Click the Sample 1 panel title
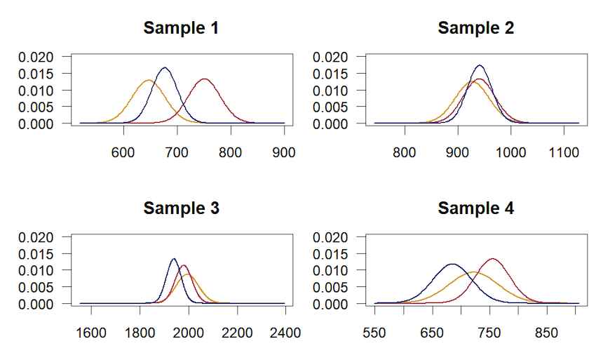[181, 29]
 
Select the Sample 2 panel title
[475, 29]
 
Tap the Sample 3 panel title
[181, 208]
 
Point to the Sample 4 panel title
[475, 208]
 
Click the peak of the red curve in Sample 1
[205, 79]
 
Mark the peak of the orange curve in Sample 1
[149, 81]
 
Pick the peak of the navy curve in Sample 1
[165, 68]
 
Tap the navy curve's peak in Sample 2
[480, 65]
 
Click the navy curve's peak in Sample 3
[173, 259]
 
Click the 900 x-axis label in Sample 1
[284, 152]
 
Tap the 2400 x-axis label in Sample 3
[285, 332]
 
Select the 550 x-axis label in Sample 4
[375, 332]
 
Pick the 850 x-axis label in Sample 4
[547, 332]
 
